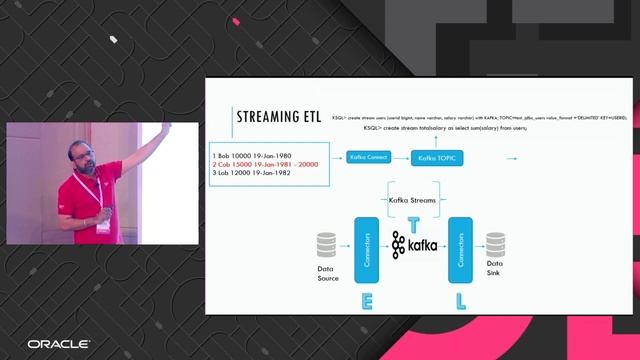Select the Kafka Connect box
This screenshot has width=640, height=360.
[368, 157]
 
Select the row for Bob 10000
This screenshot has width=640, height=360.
[252, 155]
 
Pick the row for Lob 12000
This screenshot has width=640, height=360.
[252, 173]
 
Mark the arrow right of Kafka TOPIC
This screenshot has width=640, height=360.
[513, 157]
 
